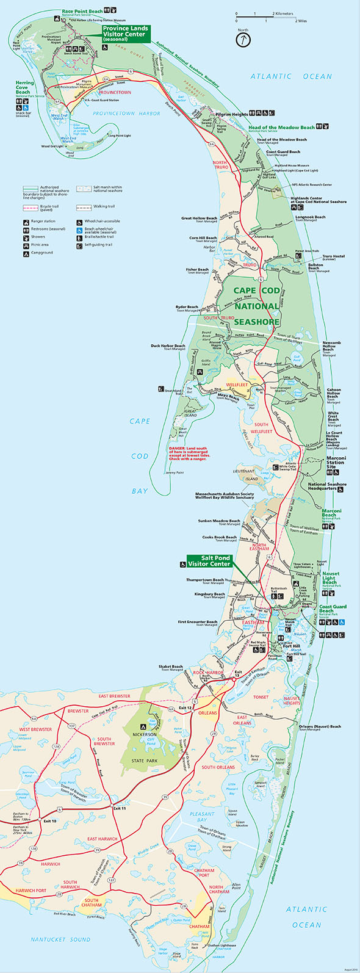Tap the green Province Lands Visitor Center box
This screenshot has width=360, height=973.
pos(124,32)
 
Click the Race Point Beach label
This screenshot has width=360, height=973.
pos(82,11)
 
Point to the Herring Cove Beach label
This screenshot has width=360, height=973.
pos(24,88)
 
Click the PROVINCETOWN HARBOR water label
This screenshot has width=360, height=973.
pos(126,114)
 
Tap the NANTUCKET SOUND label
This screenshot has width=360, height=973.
pos(61,939)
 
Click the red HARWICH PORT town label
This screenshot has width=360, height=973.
pos(31,891)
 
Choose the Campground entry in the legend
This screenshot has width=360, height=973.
pos(42,253)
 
